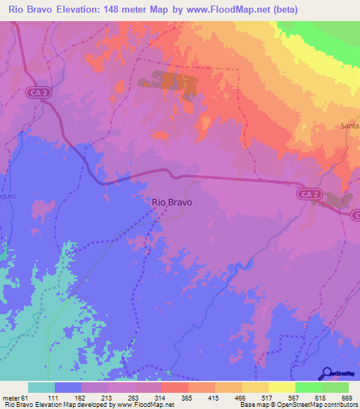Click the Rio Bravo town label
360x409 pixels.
pyautogui.click(x=172, y=202)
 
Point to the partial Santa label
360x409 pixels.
pyautogui.click(x=349, y=126)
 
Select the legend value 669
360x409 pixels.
pyautogui.click(x=347, y=398)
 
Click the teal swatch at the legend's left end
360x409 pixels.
pyautogui.click(x=41, y=387)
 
